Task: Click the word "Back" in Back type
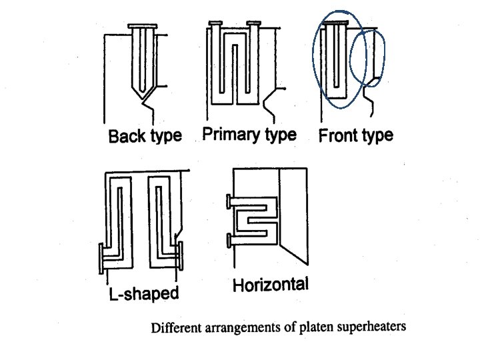coord(125,137)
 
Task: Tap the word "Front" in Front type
coord(337,136)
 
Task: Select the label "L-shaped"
coord(143,293)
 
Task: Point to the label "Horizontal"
coord(271,285)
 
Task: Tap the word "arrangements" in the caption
coord(238,328)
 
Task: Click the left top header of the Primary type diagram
coord(215,25)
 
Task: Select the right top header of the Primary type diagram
coord(253,25)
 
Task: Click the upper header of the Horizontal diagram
coord(229,200)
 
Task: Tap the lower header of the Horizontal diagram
coord(229,238)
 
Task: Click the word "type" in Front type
coord(375,137)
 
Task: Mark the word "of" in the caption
coord(289,328)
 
